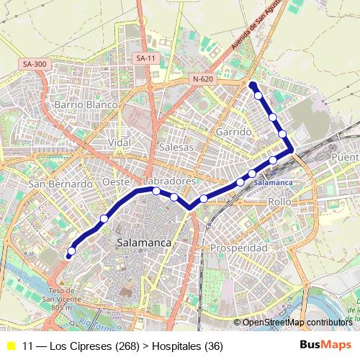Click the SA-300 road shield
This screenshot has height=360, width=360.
35,64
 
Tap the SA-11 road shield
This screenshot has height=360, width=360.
145,58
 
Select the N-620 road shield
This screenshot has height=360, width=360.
203,78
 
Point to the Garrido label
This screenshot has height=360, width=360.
233,132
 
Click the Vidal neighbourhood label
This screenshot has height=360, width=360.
120,143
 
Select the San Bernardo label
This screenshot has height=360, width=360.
60,184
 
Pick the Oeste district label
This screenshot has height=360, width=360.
116,182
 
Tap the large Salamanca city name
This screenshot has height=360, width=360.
144,243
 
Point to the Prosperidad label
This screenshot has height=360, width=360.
238,248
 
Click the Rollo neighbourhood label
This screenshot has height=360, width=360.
279,202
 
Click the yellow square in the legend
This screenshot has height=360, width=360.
11,346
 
